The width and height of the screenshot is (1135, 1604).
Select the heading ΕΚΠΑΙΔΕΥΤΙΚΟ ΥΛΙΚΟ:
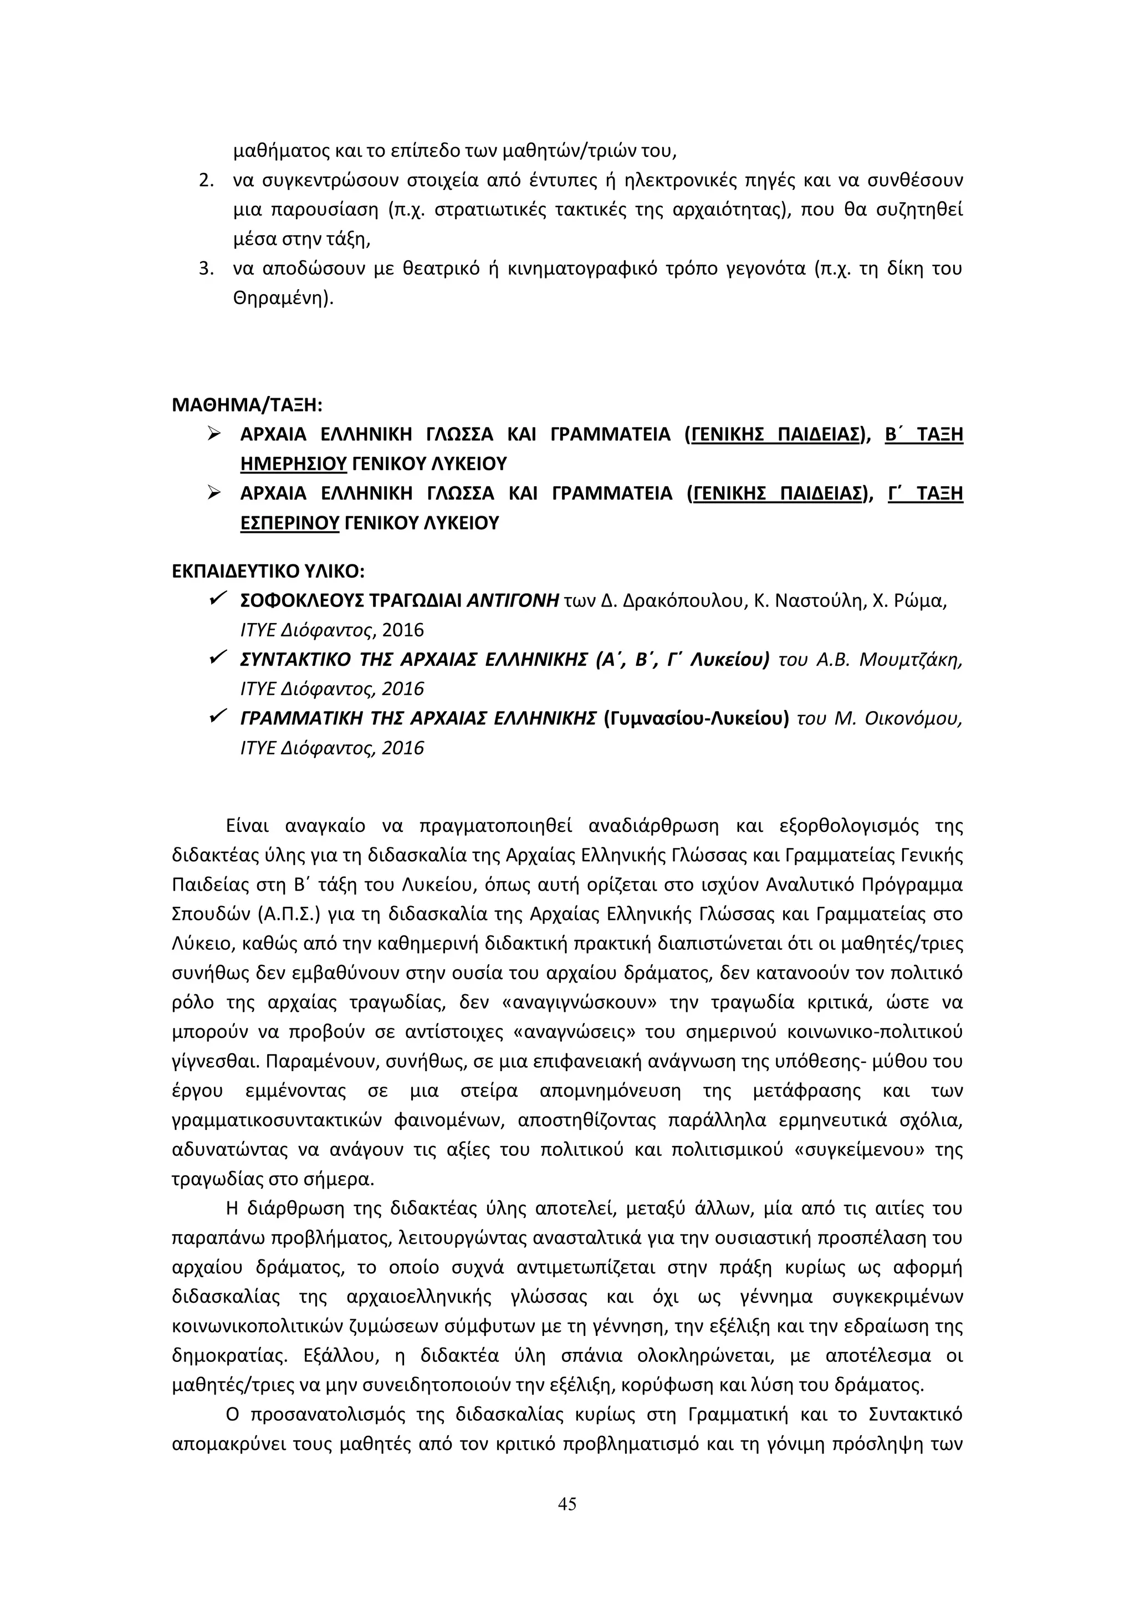(x=268, y=571)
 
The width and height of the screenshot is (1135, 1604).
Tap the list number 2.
(x=206, y=180)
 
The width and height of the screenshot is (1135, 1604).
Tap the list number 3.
(x=206, y=269)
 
